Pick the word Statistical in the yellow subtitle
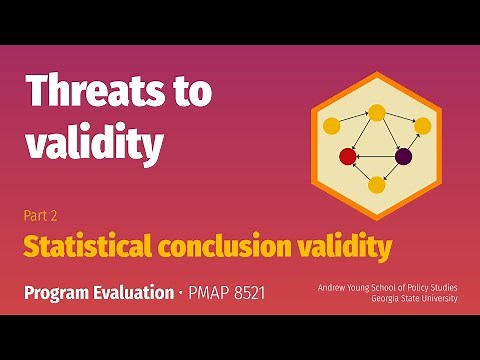(90, 245)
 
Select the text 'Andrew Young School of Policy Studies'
(388, 287)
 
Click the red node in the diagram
(348, 156)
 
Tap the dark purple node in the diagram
(404, 156)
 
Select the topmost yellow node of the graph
(377, 112)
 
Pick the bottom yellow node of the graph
(377, 184)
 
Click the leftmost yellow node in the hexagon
(332, 126)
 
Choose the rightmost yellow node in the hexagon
(422, 126)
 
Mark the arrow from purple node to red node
(376, 156)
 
